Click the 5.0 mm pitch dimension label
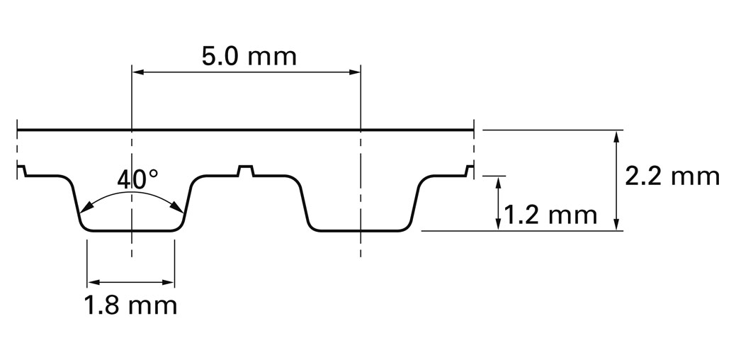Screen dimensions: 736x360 [x=249, y=56]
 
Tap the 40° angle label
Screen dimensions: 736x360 [x=137, y=179]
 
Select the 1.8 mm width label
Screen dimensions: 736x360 [x=130, y=305]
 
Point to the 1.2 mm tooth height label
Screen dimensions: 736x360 [x=550, y=215]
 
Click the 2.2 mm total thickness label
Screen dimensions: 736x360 [x=672, y=176]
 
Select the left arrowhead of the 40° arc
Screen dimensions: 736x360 [x=86, y=208]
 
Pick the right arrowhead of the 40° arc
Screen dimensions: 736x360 [x=177, y=207]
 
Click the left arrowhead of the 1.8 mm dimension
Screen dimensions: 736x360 [x=94, y=283]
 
